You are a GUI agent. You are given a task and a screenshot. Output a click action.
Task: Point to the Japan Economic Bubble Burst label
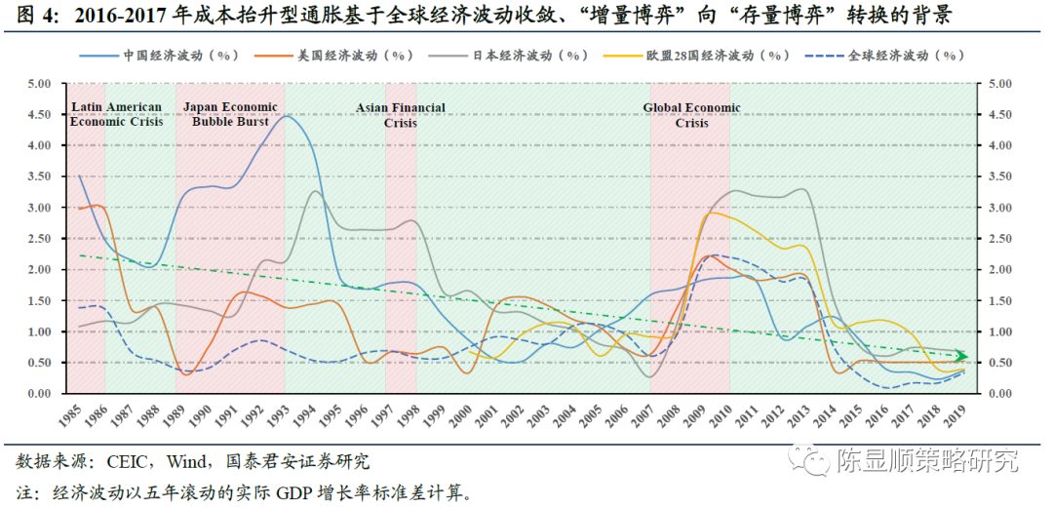pyautogui.click(x=228, y=114)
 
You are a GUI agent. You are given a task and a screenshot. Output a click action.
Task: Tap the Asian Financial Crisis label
pyautogui.click(x=401, y=115)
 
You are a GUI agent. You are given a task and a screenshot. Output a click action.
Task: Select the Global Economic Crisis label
pyautogui.click(x=691, y=115)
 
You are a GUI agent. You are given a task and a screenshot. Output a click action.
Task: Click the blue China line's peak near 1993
pyautogui.click(x=289, y=116)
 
